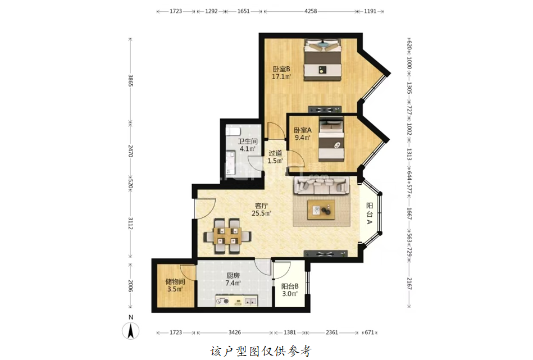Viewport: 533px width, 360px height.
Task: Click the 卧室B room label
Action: pos(281,69)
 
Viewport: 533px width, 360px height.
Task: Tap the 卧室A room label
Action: pos(303,130)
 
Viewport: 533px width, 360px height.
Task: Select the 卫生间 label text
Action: pos(248,142)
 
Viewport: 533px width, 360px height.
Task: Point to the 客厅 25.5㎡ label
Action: pos(261,209)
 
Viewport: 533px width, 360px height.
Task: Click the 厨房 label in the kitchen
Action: pos(233,276)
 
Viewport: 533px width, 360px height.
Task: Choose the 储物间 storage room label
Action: pos(175,281)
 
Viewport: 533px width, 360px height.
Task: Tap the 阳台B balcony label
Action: pos(290,286)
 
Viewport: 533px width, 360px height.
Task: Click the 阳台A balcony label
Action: pos(370,213)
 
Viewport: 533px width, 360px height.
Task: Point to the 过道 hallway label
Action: pos(275,153)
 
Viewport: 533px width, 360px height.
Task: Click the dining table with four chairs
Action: pos(228,235)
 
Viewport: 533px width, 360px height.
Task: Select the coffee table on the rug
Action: pos(321,209)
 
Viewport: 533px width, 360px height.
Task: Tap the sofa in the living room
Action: pos(321,185)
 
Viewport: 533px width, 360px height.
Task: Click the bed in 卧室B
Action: pos(322,60)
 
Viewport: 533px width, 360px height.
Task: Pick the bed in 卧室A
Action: pos(331,139)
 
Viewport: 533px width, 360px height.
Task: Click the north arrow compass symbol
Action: pos(131,330)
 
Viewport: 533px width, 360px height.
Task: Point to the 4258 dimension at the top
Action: pos(311,11)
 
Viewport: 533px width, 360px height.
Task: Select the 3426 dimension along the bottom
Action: pos(235,332)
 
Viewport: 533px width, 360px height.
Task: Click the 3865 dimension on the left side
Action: pos(130,80)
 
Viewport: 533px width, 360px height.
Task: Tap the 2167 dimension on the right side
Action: pos(409,284)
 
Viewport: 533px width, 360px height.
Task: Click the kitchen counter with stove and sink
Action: pos(236,301)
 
